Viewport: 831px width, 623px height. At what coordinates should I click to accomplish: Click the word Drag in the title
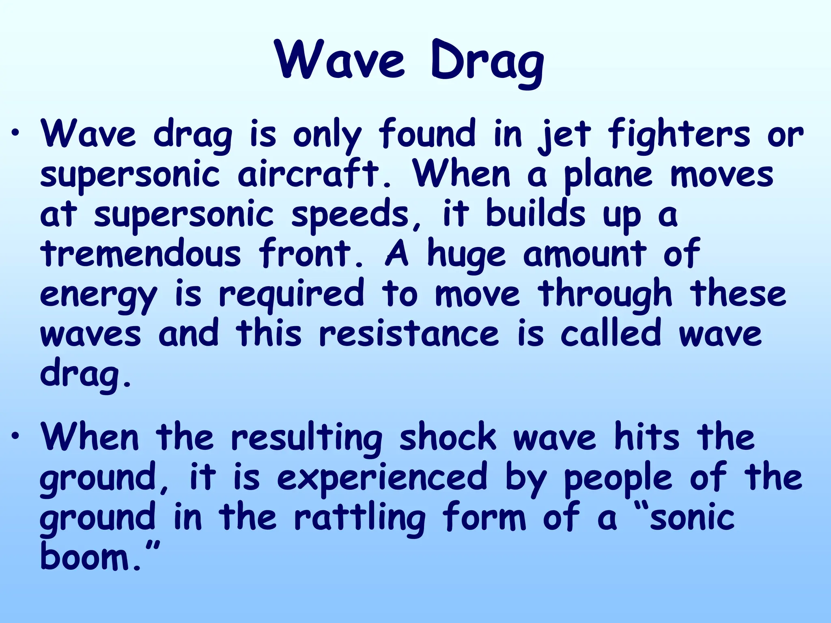point(487,61)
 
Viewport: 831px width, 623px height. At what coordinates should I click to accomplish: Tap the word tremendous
point(140,254)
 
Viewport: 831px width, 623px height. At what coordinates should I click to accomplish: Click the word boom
point(85,556)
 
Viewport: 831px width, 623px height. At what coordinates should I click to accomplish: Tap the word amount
point(585,254)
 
